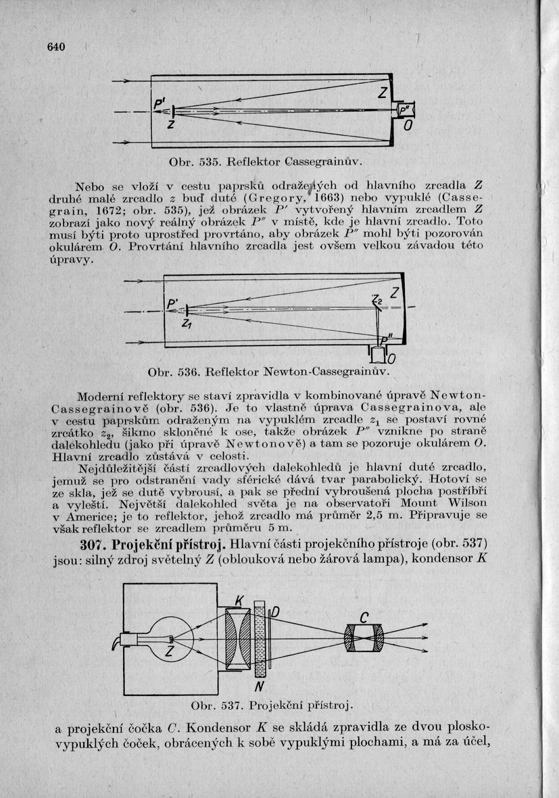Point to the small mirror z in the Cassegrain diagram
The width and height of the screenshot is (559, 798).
point(174,111)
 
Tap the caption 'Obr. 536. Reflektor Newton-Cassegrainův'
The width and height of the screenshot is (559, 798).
point(270,371)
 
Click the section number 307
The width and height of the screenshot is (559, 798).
point(93,545)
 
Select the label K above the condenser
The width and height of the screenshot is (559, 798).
point(239,600)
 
